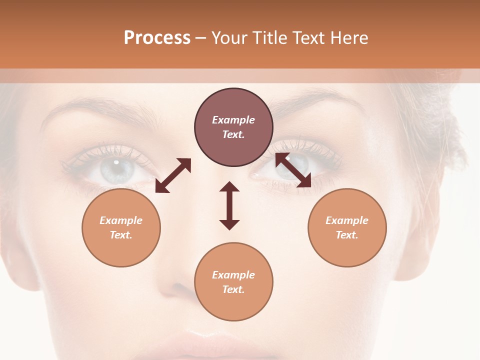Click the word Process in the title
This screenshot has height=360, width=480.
point(157,38)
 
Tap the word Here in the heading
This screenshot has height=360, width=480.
point(348,38)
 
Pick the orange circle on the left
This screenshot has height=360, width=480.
point(121,227)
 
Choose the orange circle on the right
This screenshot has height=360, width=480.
point(347,227)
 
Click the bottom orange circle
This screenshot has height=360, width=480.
point(233,281)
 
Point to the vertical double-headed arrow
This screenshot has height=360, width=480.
point(229,205)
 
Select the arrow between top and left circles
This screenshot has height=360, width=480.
point(173,175)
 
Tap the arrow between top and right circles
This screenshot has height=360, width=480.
point(293,170)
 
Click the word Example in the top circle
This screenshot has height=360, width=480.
point(233,120)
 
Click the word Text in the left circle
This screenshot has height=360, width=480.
point(121,235)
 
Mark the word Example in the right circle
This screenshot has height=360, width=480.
point(347,220)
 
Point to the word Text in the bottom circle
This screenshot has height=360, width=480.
point(233,289)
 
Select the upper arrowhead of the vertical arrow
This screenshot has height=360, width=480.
point(229,187)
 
